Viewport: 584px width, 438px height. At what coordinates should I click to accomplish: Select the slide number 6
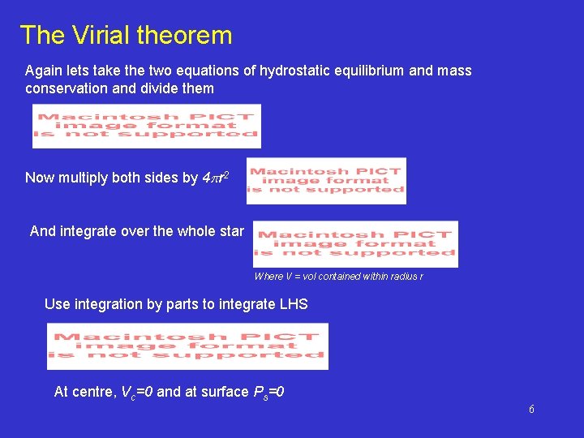531,410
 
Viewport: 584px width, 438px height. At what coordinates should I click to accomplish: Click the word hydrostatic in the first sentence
293,71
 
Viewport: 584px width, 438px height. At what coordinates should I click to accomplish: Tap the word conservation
65,88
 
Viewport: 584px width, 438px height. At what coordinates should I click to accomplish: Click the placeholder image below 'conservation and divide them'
146,127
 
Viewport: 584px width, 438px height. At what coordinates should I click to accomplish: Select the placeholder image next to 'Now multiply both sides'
325,181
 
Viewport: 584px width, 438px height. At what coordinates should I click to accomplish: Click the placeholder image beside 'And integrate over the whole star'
355,243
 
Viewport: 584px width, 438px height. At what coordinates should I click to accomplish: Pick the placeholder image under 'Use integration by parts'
187,346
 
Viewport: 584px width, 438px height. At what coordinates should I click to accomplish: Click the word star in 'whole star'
230,231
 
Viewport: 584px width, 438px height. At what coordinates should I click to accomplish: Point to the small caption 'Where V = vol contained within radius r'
338,277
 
